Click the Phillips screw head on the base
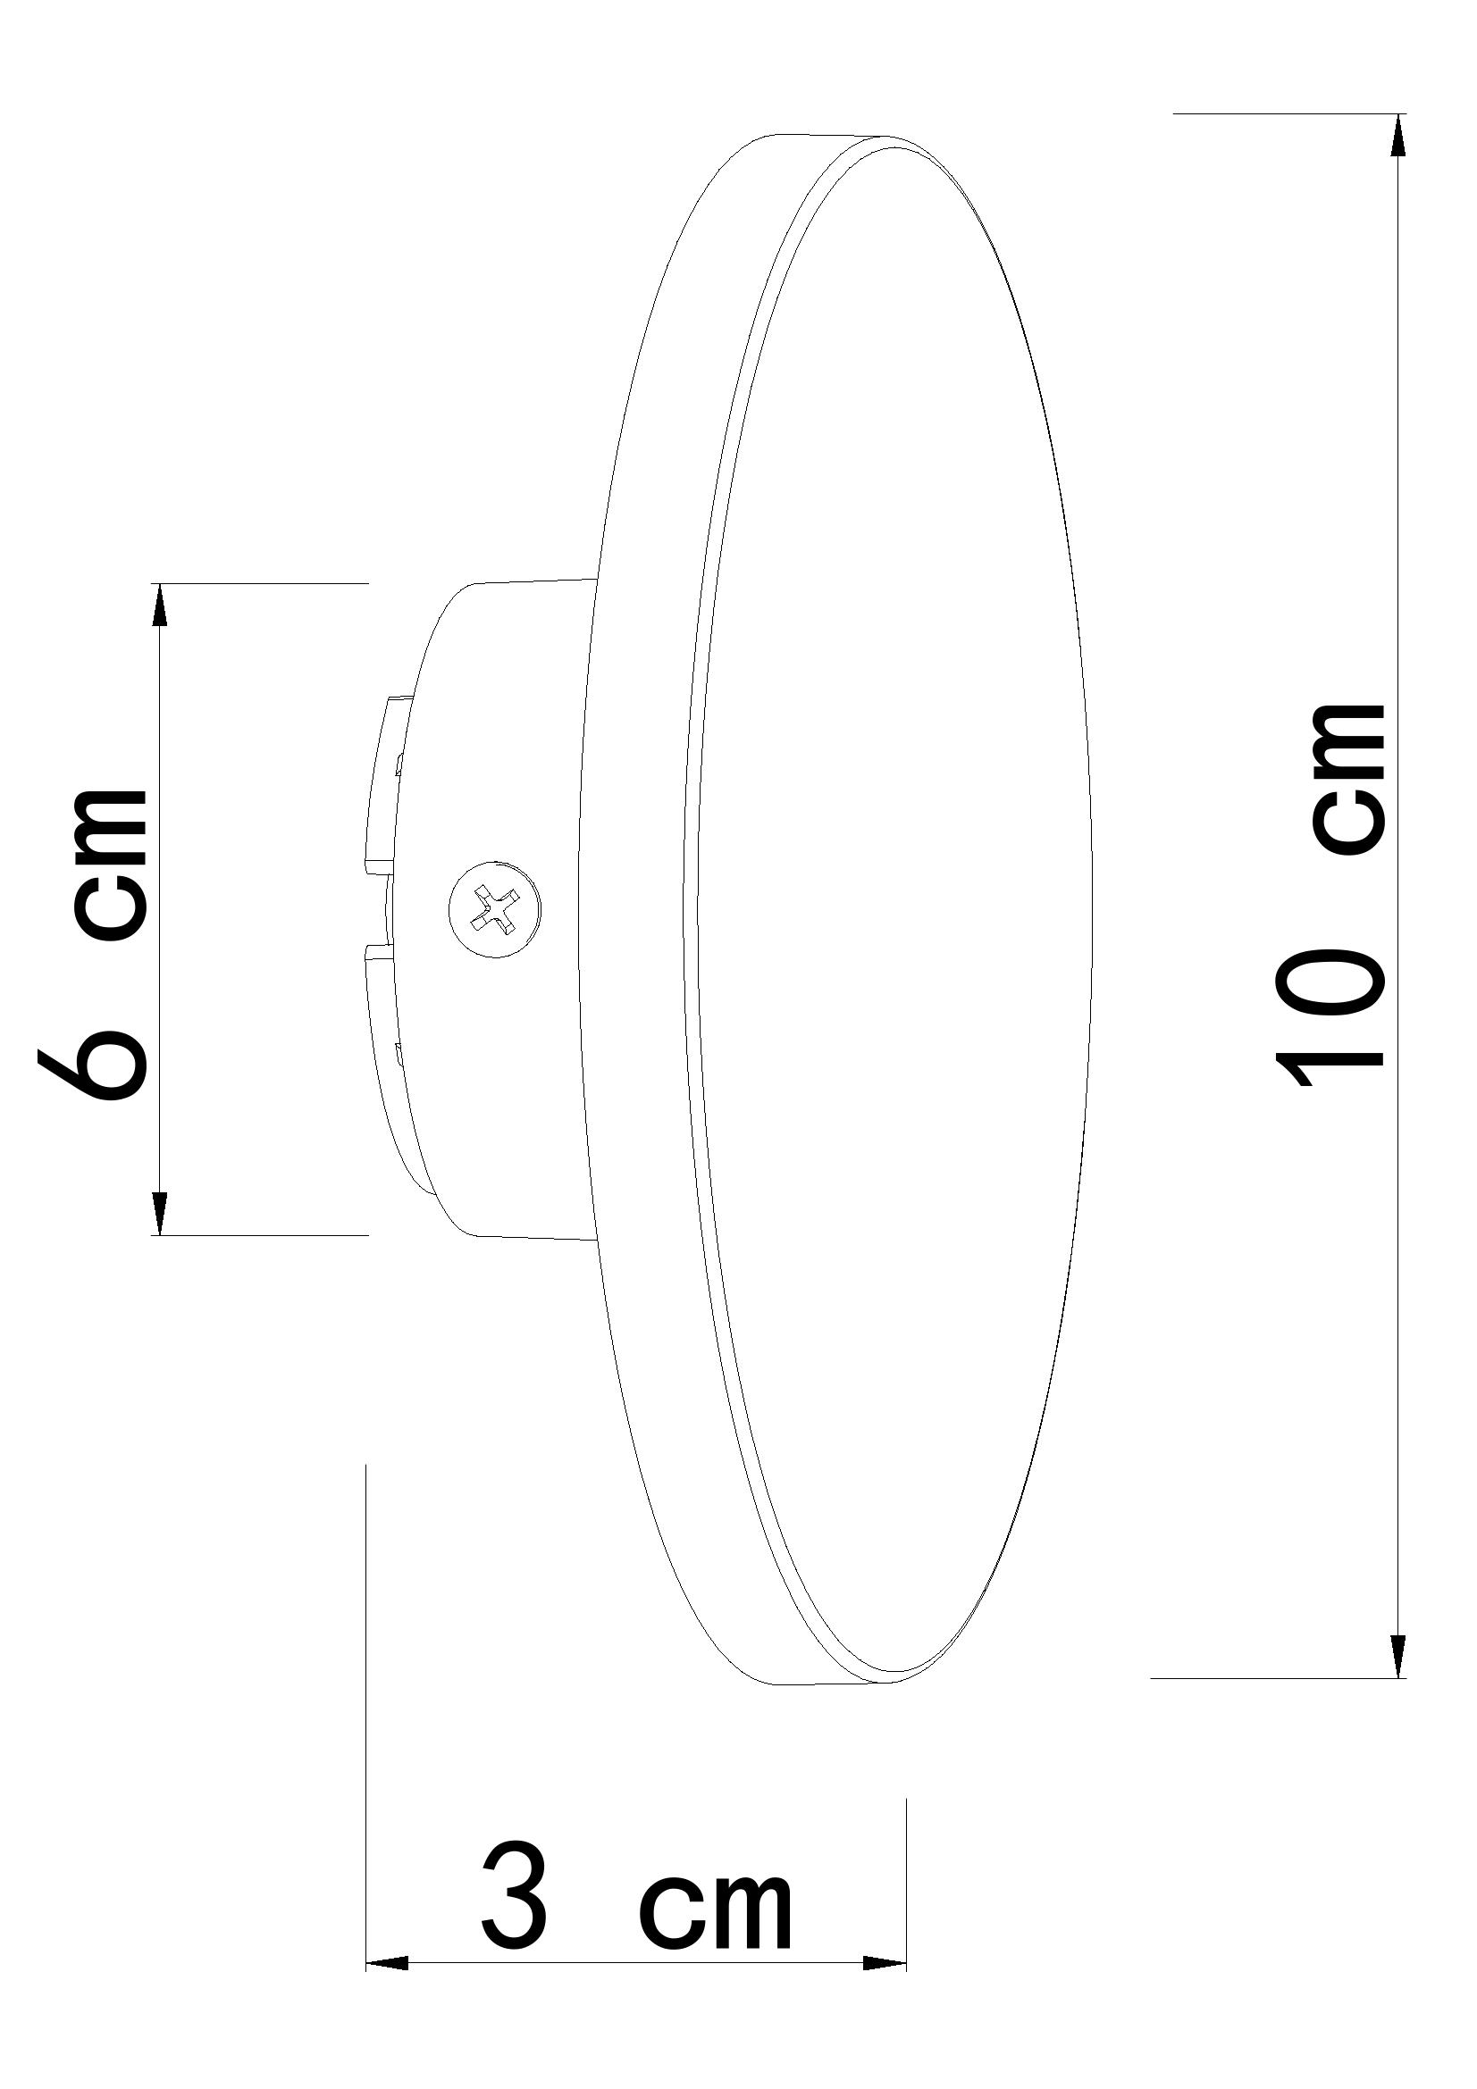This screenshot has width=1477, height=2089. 494,907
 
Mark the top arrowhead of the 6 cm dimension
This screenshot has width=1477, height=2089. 160,604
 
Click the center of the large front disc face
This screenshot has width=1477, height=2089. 896,910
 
